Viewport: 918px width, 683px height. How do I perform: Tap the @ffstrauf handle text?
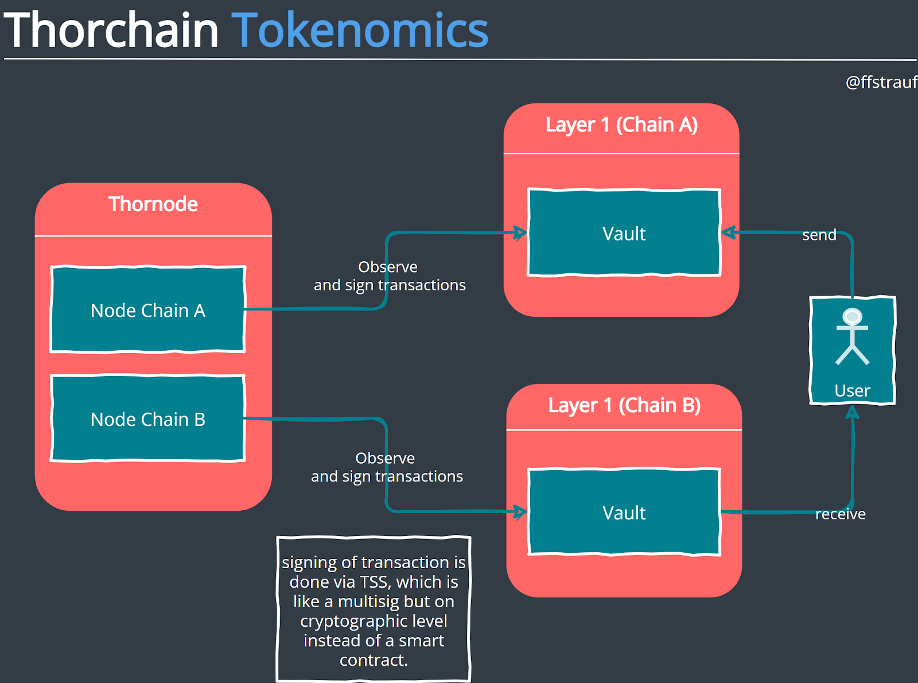881,82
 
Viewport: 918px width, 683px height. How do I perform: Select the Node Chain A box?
148,310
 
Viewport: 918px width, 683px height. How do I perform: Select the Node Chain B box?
148,419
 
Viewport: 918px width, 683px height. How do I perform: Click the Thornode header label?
153,204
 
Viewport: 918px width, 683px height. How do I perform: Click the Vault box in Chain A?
624,234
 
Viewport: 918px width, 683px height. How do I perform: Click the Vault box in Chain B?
624,513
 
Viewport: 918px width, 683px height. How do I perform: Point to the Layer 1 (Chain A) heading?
621,125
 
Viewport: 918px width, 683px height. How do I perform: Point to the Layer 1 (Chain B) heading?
624,406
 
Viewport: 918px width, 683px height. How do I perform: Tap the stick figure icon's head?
853,316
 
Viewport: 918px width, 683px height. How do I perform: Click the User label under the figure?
852,391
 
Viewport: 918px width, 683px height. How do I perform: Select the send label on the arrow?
819,235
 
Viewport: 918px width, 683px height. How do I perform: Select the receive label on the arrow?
840,514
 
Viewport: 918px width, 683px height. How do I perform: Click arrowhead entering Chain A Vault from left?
521,233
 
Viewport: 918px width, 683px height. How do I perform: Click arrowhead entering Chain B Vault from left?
521,512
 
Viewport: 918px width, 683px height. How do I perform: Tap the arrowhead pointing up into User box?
853,412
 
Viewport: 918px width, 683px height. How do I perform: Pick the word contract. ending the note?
374,660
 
